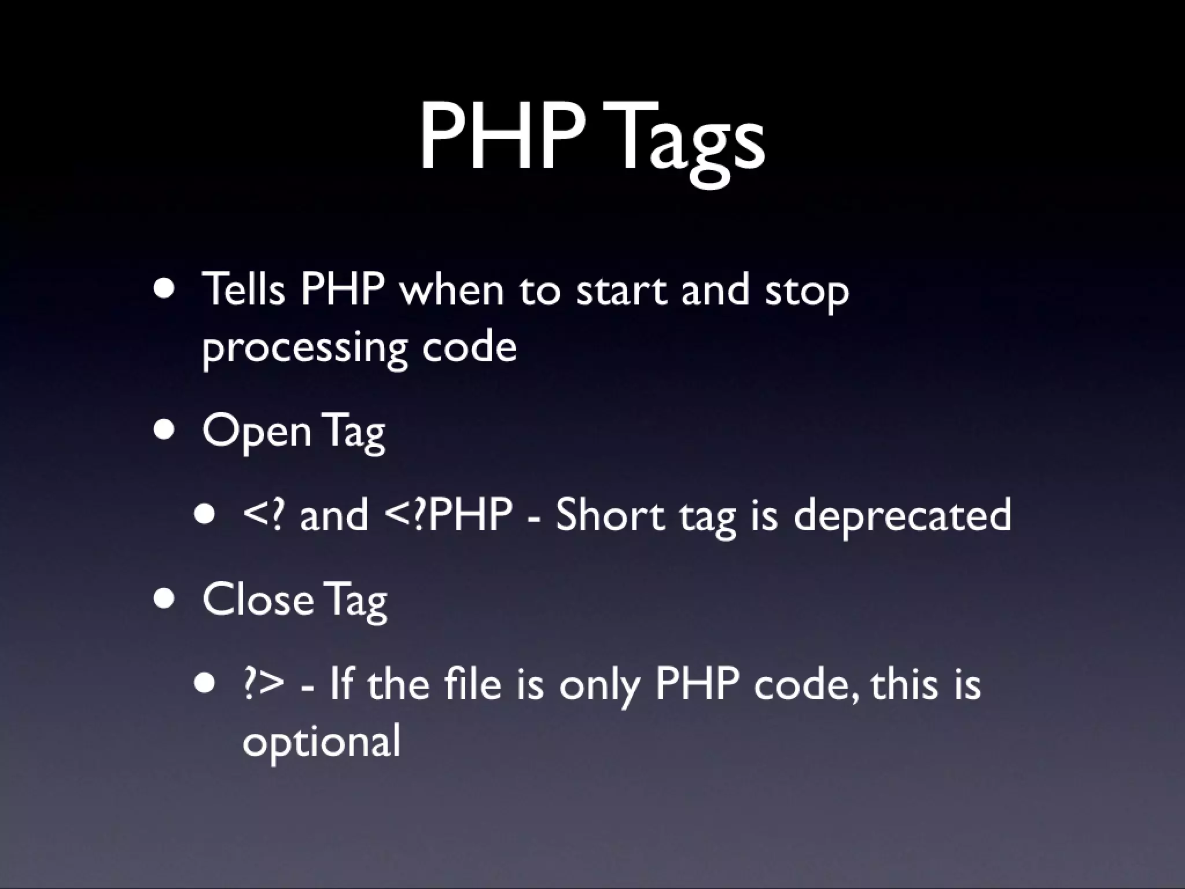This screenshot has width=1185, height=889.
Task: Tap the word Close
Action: (x=257, y=600)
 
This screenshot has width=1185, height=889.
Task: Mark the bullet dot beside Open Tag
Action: (x=165, y=431)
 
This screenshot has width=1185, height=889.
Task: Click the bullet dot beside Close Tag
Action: (x=165, y=599)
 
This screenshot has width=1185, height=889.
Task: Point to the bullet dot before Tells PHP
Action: (x=165, y=289)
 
